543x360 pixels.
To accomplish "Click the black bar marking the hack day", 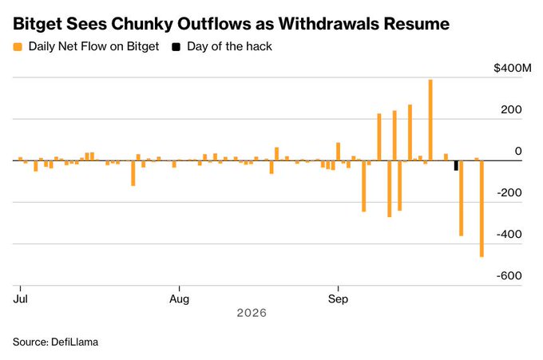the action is tap(456, 165).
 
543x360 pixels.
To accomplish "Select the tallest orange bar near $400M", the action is tap(430, 120).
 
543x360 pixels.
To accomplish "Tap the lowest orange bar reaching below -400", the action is tap(482, 208).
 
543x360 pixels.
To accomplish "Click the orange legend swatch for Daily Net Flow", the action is tap(18, 47).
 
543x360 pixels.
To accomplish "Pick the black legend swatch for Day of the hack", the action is tap(176, 47).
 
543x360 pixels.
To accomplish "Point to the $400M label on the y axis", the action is tap(513, 68).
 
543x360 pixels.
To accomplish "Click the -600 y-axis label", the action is tap(509, 275).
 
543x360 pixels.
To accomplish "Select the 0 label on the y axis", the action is tap(518, 151).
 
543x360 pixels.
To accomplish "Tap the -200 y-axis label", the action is tap(509, 192).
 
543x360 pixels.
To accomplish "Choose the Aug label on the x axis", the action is tap(180, 299).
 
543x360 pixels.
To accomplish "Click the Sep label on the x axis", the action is tap(338, 299).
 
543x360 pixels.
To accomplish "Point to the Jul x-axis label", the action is tap(21, 299).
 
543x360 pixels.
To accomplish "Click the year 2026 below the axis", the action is tap(252, 313).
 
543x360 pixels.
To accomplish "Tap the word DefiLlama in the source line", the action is tap(74, 342).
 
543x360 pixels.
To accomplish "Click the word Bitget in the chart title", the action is tap(37, 24).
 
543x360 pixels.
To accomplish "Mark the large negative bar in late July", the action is tap(133, 173).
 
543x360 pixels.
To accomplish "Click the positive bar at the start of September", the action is tap(338, 152).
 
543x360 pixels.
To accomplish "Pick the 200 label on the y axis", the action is tap(511, 109).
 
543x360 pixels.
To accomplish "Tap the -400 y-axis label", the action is tap(509, 234).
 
